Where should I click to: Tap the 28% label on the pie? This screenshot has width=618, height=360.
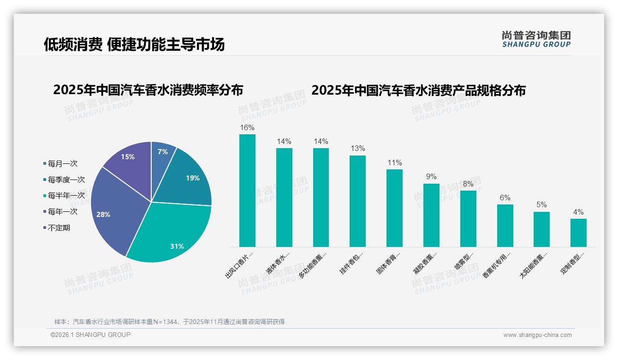pyautogui.click(x=103, y=215)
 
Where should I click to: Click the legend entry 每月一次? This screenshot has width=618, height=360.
pyautogui.click(x=62, y=164)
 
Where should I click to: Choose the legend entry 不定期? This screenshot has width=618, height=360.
pyautogui.click(x=59, y=228)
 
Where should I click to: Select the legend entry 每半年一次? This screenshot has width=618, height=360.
pyautogui.click(x=66, y=196)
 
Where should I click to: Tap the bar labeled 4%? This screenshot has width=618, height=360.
pyautogui.click(x=578, y=233)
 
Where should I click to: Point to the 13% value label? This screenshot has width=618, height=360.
pyautogui.click(x=357, y=148)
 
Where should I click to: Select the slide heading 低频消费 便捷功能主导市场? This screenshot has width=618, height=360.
pyautogui.click(x=134, y=44)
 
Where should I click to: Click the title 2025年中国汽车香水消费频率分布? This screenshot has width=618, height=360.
pyautogui.click(x=148, y=90)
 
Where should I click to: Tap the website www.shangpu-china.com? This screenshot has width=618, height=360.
pyautogui.click(x=537, y=335)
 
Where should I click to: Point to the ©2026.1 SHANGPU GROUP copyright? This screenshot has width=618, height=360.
pyautogui.click(x=90, y=335)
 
